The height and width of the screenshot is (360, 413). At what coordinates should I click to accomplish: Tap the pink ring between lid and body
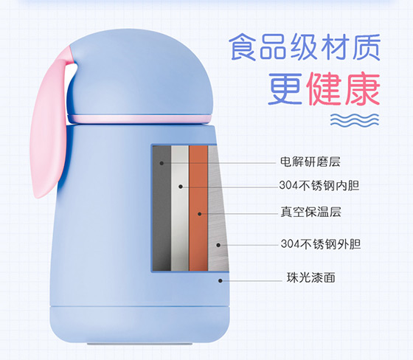(139, 119)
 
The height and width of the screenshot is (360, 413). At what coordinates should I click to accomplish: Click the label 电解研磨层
(310, 162)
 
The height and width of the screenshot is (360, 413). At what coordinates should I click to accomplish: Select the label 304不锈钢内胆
(319, 186)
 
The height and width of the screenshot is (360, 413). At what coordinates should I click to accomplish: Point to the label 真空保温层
(310, 212)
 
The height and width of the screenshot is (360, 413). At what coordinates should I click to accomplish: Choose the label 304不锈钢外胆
(321, 244)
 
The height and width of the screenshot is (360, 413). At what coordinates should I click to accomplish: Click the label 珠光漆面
(310, 277)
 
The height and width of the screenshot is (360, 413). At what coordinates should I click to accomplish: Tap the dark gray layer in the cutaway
(162, 208)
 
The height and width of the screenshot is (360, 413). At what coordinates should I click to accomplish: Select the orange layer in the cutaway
(198, 208)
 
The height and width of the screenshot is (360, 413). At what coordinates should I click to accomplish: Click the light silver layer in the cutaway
(180, 208)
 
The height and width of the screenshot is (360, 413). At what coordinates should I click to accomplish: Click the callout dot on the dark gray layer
(162, 163)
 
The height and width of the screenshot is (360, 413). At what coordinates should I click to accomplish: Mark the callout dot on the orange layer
(200, 214)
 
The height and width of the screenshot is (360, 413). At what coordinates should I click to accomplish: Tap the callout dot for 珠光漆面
(221, 280)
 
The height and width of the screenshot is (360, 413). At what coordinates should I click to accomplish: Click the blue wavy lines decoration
(355, 120)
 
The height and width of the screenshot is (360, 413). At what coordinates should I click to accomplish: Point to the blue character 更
(285, 89)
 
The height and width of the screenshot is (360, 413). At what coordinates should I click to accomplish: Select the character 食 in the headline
(243, 47)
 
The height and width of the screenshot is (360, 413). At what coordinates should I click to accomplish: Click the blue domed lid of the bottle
(139, 74)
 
